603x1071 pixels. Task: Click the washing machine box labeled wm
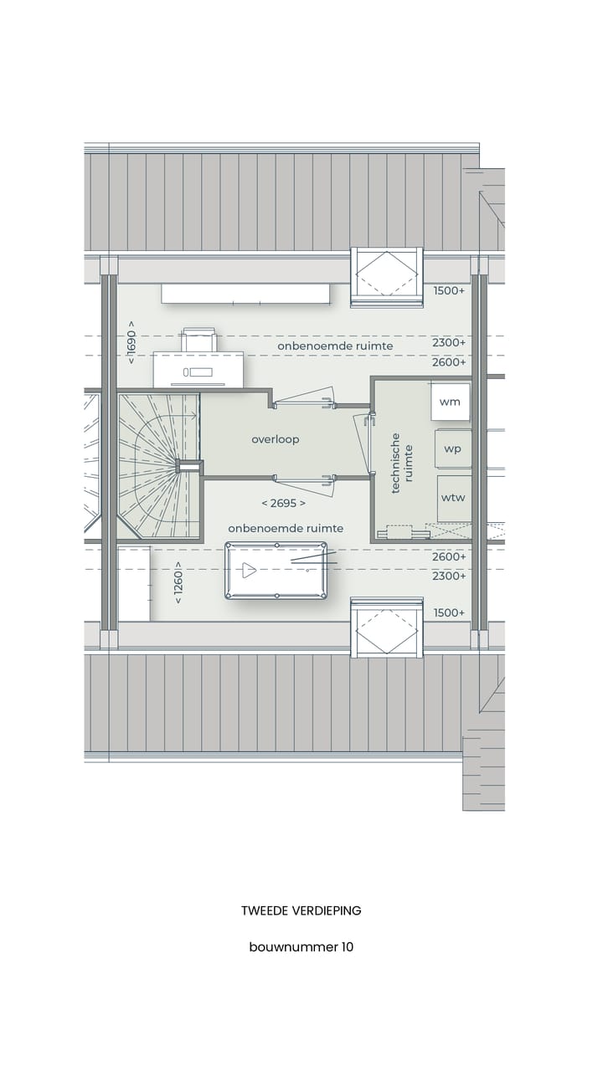point(451,402)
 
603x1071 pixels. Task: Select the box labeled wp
point(452,448)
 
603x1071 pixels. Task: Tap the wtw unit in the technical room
point(453,498)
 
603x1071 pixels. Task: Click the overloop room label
point(276,439)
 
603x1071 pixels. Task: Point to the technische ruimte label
point(402,463)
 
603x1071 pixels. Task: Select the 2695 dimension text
point(283,503)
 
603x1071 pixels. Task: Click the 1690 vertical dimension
point(131,341)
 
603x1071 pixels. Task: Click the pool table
point(276,571)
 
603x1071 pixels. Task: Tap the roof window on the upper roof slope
point(386,276)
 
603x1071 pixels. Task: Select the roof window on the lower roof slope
point(386,628)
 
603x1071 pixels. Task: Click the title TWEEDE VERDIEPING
point(301,910)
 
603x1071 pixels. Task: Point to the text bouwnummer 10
point(301,947)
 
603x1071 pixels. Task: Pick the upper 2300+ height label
point(449,342)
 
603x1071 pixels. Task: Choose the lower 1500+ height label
point(449,612)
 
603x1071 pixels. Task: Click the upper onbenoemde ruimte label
point(335,346)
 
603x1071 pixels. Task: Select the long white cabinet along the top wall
point(245,294)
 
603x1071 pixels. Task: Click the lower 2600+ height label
point(449,556)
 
